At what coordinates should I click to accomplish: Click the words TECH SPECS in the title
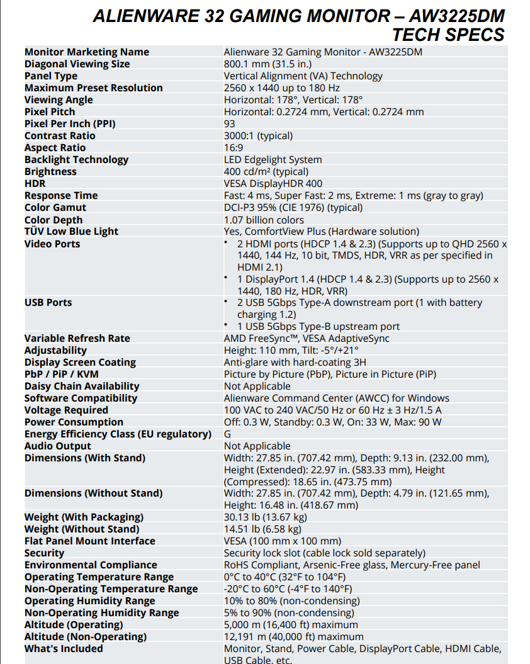coord(448,35)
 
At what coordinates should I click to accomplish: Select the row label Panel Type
coord(51,76)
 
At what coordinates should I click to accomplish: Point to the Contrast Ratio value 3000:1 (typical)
coord(258,136)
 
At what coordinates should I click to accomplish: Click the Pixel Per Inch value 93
coord(230,124)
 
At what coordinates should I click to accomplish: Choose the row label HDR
coord(35,184)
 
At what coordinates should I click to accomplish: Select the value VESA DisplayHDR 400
coord(273,184)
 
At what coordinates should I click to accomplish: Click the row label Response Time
coord(61,196)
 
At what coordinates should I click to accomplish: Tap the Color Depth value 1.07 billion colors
coord(264,220)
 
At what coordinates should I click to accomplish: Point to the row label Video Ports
coord(52,244)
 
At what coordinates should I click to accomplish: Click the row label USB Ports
coord(48,303)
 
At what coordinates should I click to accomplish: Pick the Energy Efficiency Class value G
coord(228,434)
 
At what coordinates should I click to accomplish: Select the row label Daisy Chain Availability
coord(82,386)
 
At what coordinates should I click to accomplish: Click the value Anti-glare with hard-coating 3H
coord(295,363)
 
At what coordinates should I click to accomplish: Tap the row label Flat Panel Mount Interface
coord(89,541)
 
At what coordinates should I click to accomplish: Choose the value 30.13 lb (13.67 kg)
coord(266,517)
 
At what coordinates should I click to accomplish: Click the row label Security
coord(44,553)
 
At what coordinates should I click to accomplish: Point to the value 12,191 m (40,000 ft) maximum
coord(293,637)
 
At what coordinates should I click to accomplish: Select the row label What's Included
coord(64,649)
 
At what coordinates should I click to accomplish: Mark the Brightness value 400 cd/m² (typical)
coord(266,172)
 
